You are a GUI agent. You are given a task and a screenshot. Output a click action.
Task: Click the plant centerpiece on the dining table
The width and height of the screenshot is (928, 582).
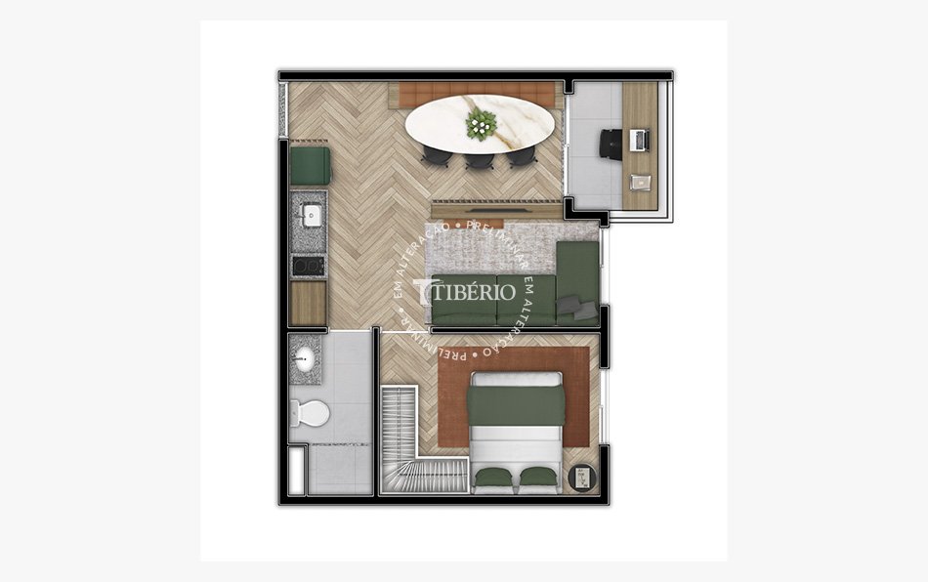coord(481,123)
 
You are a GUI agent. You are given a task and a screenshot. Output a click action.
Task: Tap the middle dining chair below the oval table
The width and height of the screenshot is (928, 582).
coord(479,159)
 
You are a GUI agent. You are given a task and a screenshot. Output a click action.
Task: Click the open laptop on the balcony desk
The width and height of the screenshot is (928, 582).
coord(641,141)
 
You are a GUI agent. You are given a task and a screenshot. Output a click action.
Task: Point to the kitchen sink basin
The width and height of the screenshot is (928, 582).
coord(313,215)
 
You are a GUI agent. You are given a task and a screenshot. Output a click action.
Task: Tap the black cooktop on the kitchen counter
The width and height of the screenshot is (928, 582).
coord(309,266)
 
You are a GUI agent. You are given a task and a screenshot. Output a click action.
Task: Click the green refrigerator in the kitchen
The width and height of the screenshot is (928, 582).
coord(311,164)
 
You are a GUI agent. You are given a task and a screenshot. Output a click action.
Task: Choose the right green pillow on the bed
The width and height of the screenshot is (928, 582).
coord(537,478)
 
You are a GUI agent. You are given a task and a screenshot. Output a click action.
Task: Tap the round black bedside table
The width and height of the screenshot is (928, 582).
coord(581,478)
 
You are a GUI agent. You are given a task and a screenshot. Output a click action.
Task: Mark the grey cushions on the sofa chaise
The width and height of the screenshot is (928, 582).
coord(582,310)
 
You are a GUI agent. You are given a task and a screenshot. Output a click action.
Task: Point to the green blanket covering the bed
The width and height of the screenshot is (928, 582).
coord(515,404)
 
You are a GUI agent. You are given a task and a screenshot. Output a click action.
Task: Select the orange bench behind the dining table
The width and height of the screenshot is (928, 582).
coord(479,93)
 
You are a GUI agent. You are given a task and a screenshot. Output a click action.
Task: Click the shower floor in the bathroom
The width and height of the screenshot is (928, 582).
coord(337,470)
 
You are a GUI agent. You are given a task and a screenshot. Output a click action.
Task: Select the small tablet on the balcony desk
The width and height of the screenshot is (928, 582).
coord(640,182)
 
